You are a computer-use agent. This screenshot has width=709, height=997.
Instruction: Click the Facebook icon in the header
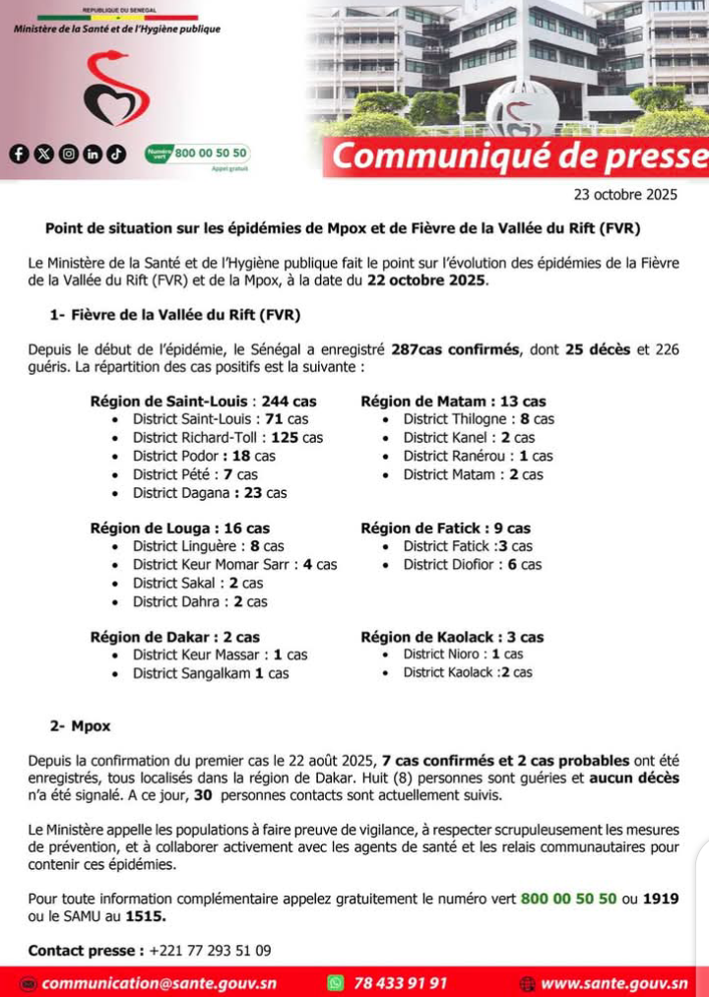coord(19,154)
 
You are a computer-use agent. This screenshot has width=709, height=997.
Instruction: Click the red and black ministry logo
coord(116,89)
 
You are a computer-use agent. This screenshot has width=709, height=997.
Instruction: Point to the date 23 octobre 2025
coord(625,195)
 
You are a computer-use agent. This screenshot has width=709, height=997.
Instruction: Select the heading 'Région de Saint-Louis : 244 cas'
coord(203,401)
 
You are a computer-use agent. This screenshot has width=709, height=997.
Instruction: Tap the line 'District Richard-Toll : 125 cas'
coord(227,437)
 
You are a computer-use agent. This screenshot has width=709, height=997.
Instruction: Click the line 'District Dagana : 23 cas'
coord(210,492)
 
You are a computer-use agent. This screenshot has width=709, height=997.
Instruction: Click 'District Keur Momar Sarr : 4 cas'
coord(234,565)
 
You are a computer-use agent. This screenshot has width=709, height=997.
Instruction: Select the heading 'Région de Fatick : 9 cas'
coord(445,529)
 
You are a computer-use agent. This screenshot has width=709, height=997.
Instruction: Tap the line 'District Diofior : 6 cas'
coord(472,565)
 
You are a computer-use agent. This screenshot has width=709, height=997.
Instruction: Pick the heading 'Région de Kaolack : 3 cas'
coord(452,637)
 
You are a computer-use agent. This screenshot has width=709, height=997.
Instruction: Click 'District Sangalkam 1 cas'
coord(211,673)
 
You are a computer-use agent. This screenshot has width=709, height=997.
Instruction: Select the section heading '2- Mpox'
coord(81,726)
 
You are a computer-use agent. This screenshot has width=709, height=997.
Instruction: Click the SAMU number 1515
coord(146,916)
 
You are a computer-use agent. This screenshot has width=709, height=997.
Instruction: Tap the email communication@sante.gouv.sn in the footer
coord(159,982)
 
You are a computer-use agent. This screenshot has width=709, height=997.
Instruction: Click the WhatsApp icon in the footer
coord(337,982)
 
